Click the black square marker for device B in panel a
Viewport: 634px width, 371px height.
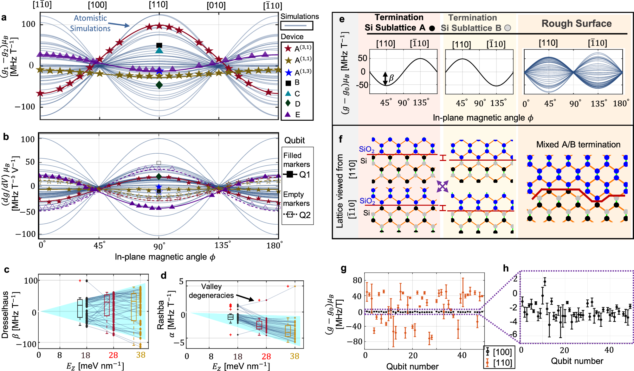pos(159,45)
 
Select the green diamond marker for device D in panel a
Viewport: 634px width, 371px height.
pos(159,85)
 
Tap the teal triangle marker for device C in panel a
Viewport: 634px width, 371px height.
pos(159,50)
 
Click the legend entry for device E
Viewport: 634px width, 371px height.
pos(293,115)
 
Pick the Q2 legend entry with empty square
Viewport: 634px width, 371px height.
pos(297,215)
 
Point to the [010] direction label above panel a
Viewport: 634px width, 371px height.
pos(216,5)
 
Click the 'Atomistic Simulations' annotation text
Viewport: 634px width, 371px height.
pos(90,23)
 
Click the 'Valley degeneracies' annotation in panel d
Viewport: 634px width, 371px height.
pos(211,291)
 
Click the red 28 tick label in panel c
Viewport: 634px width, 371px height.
pos(113,355)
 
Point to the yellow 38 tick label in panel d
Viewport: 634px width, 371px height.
pos(294,356)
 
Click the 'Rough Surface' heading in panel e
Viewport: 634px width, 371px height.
pos(576,23)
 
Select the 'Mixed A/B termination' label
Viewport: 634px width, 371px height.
pos(578,144)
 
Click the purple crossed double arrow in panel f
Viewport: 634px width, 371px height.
pos(443,186)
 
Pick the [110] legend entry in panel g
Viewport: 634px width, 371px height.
pos(498,362)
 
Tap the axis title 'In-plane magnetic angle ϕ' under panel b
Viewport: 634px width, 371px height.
pos(165,257)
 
